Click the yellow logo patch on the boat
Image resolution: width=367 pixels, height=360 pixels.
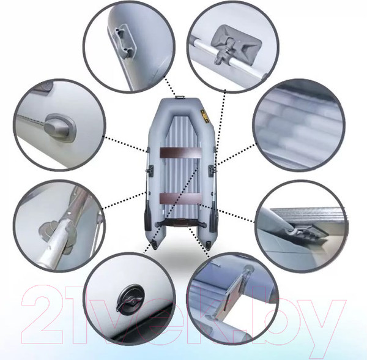tap(206, 116)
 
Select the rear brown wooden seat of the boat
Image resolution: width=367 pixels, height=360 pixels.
tap(180, 198)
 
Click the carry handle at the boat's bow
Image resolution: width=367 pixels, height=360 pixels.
tap(180, 97)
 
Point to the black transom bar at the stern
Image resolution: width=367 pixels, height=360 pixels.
tap(180, 224)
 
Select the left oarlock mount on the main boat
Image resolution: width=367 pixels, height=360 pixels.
tap(150, 170)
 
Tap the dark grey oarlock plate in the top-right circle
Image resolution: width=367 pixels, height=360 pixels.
tap(236, 42)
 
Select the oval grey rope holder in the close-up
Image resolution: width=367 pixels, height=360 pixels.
tap(59, 128)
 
